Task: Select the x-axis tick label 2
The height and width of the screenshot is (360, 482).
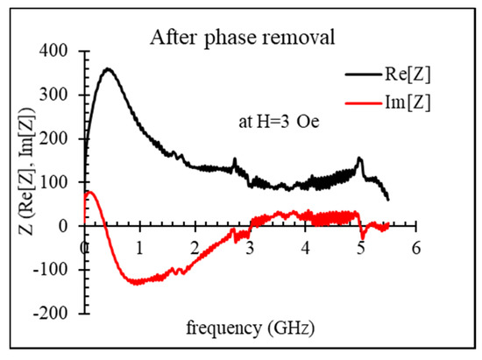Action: [195, 246]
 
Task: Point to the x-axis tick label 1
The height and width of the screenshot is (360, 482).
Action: [139, 246]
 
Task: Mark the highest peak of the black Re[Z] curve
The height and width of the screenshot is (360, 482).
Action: [108, 68]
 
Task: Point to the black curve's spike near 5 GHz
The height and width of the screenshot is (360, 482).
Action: [359, 159]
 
